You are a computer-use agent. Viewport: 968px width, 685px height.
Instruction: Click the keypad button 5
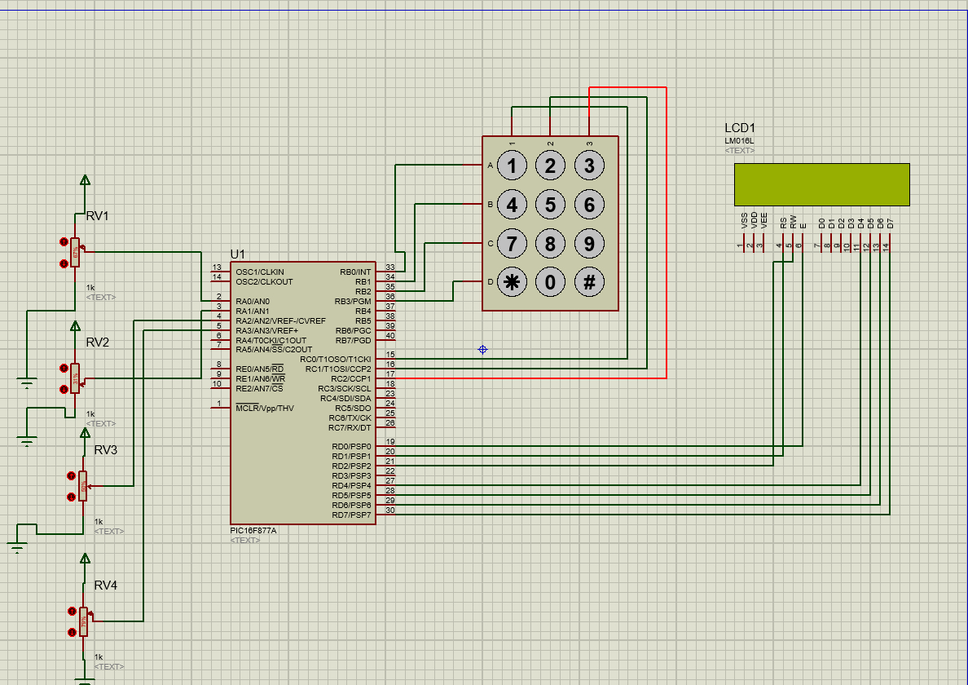tap(550, 205)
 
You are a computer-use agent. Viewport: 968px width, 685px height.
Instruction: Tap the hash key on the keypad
tap(589, 282)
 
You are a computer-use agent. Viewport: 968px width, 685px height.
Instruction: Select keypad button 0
tap(550, 282)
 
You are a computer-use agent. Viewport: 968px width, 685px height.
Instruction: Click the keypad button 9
tap(589, 243)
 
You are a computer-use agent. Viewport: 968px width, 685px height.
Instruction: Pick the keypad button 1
tap(512, 166)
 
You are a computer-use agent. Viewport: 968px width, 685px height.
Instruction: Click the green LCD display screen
tap(821, 184)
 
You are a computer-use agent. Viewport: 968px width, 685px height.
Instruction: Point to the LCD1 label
tap(740, 128)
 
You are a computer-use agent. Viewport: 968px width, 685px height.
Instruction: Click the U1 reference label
tap(237, 254)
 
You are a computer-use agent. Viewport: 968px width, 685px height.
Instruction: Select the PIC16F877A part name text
tap(253, 530)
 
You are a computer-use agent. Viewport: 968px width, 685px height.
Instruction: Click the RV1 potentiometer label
tap(97, 216)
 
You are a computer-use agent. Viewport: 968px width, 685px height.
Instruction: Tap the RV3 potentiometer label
tap(105, 450)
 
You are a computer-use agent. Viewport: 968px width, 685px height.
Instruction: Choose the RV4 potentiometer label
tap(105, 586)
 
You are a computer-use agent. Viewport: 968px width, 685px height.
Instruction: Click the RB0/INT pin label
tap(354, 272)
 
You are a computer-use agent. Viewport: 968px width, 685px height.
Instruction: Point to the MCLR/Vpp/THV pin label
tap(264, 408)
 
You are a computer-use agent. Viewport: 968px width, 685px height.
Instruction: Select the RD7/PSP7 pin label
tap(351, 515)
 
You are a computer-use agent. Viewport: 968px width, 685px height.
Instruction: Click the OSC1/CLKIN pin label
tap(260, 272)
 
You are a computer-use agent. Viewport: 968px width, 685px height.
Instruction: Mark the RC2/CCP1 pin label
tap(350, 379)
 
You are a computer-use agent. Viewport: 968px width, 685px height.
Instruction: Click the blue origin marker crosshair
tap(482, 350)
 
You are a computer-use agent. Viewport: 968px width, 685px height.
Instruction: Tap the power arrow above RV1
tap(84, 179)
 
